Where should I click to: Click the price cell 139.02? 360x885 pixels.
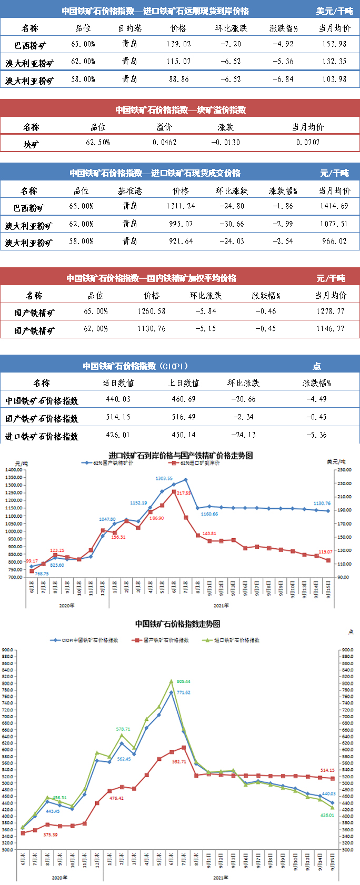178,44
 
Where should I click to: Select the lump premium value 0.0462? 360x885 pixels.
165,143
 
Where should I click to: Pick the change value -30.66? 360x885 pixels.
232,224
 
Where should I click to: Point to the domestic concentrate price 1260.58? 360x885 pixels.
152,311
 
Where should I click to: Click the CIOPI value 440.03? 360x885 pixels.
118,399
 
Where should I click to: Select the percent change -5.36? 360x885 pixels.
316,435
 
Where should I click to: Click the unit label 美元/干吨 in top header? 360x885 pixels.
334,11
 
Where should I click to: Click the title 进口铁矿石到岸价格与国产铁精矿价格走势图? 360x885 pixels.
181,455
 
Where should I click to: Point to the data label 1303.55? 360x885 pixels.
164,478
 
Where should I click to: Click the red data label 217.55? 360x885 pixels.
184,493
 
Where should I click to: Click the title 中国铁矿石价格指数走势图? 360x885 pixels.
177,624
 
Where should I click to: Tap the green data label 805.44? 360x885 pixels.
183,681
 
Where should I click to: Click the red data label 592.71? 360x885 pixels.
179,762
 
